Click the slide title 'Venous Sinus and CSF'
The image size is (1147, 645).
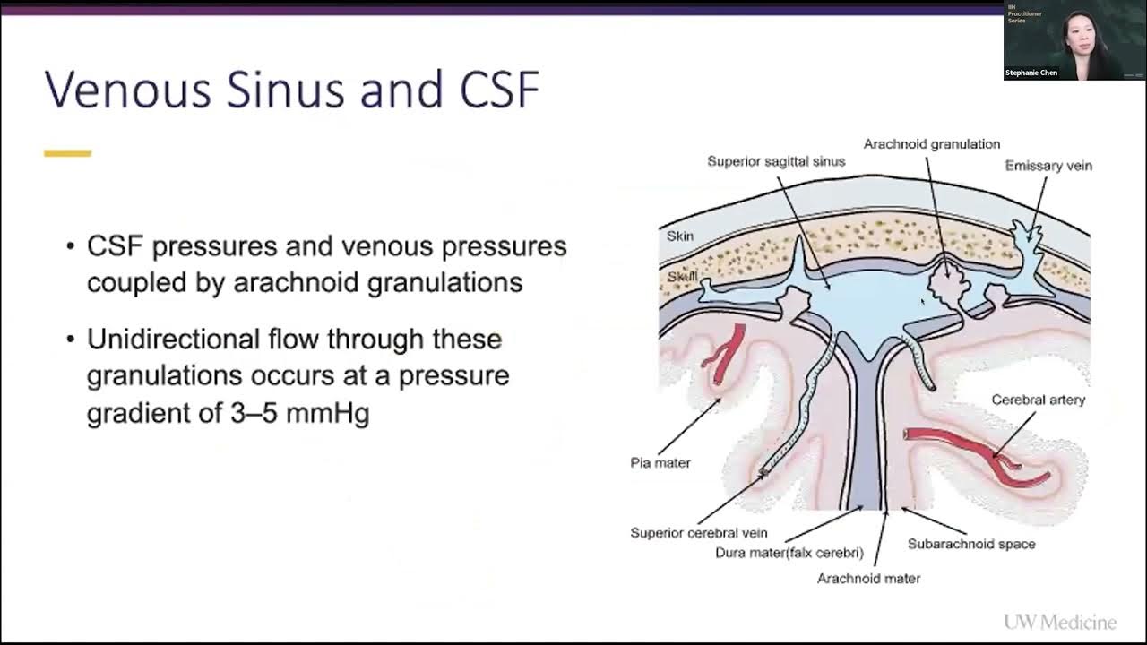point(292,90)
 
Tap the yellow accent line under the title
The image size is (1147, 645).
point(67,154)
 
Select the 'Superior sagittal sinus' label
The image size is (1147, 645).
point(776,162)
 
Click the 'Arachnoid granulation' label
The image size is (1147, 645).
point(931,144)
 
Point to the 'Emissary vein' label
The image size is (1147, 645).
point(1048,166)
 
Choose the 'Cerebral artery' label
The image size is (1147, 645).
point(1038,400)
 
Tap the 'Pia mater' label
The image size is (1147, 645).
point(660,463)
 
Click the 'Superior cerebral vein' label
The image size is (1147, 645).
point(698,533)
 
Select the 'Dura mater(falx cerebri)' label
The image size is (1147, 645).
point(789,553)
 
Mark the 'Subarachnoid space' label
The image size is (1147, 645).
point(970,544)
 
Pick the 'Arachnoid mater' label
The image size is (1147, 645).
point(868,579)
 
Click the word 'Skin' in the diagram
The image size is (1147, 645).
point(680,236)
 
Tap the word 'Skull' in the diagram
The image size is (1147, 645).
point(682,277)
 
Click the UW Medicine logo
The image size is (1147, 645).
point(1059,622)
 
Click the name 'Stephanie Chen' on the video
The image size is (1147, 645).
point(1031,73)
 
